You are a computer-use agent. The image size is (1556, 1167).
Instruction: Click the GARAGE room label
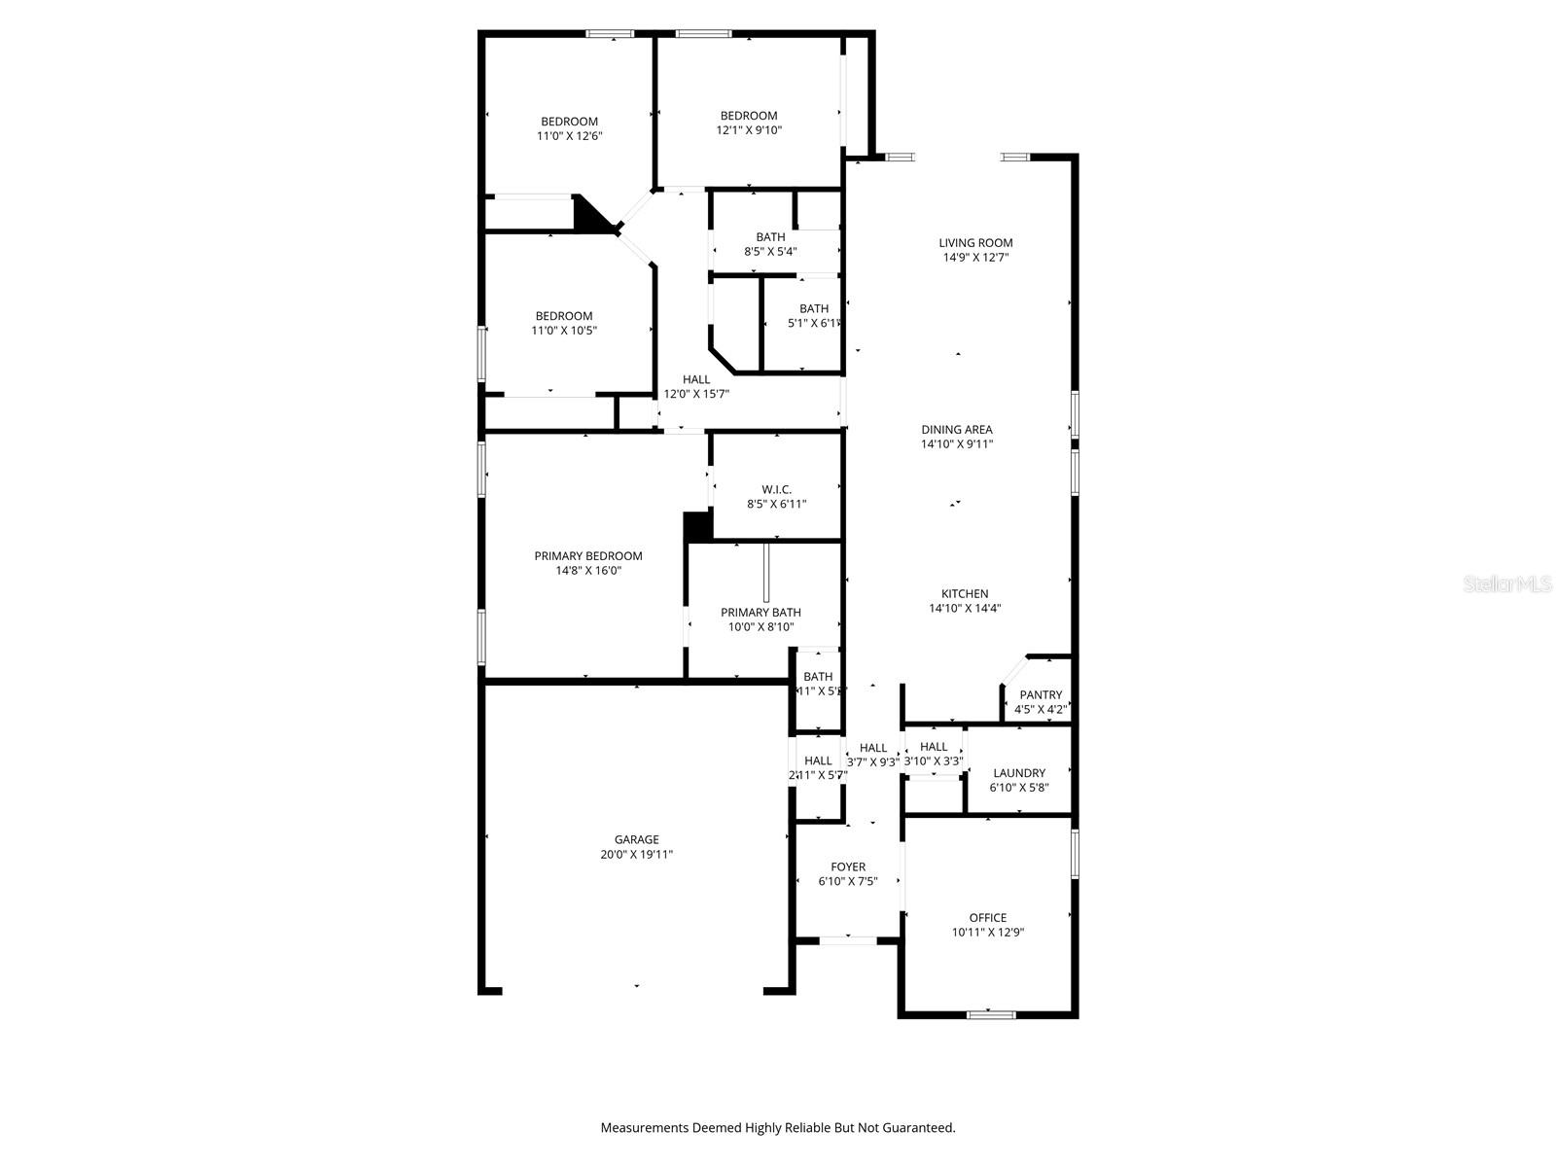636,839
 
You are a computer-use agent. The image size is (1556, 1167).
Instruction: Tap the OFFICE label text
987,917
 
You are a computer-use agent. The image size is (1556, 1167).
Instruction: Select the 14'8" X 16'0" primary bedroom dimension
587,571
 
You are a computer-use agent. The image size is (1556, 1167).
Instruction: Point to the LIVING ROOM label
975,243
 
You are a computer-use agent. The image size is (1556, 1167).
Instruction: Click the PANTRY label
1041,694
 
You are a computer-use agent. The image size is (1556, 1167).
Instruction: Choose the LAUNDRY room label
1019,773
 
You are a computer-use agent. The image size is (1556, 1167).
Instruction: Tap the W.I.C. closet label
776,489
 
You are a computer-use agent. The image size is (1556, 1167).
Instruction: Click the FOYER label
848,866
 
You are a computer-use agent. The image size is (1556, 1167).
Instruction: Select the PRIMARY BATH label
760,612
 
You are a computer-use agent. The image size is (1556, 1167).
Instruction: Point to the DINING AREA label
957,429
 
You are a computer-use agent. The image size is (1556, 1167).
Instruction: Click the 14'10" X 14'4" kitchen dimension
965,608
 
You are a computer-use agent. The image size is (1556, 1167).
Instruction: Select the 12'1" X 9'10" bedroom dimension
749,129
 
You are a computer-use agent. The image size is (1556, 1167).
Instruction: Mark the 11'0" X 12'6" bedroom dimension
569,136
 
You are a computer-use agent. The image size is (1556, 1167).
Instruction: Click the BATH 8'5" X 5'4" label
770,243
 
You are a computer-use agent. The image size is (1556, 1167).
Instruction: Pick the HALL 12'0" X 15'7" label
696,386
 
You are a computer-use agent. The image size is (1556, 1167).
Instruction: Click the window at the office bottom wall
991,1014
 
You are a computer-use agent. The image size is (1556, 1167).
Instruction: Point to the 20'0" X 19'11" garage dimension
636,854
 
